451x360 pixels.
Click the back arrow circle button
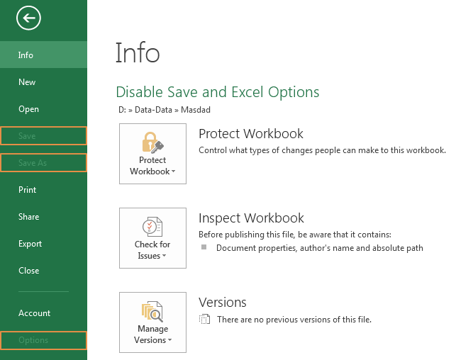pyautogui.click(x=29, y=18)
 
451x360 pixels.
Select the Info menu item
pyautogui.click(x=26, y=55)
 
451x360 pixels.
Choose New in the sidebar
pyautogui.click(x=27, y=82)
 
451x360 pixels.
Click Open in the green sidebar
pyautogui.click(x=29, y=109)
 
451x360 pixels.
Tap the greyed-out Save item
pyautogui.click(x=27, y=136)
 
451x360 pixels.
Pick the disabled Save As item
pyautogui.click(x=33, y=163)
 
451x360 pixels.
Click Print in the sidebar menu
pyautogui.click(x=28, y=190)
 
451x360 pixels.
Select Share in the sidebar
pyautogui.click(x=29, y=217)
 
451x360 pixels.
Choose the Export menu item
pyautogui.click(x=30, y=244)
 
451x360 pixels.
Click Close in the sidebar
pyautogui.click(x=29, y=271)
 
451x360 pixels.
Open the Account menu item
pyautogui.click(x=35, y=313)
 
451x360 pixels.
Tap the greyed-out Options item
pyautogui.click(x=33, y=340)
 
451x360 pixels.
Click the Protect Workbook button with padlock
pyautogui.click(x=152, y=154)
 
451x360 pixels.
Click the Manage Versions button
pyautogui.click(x=152, y=322)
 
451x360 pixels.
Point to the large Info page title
pyautogui.click(x=138, y=54)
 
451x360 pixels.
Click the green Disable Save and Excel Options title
pyautogui.click(x=217, y=92)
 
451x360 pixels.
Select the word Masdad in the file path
pyautogui.click(x=196, y=110)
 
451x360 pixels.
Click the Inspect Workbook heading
pyautogui.click(x=251, y=218)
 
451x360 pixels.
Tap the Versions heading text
pyautogui.click(x=222, y=303)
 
